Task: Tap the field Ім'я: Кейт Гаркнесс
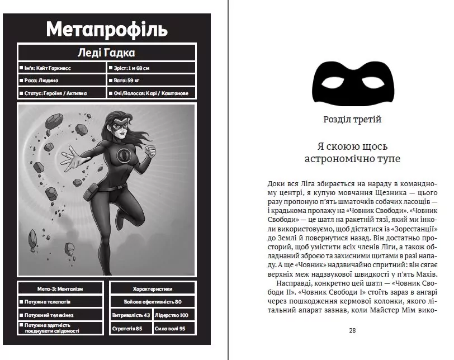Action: point(62,68)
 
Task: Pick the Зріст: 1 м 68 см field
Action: point(151,68)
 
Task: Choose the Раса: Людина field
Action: point(62,80)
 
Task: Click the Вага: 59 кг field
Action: point(151,80)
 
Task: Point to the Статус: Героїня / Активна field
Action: point(62,93)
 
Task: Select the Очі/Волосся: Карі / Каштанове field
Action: point(151,93)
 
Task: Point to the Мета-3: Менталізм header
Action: point(60,289)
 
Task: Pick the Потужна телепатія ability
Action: point(60,302)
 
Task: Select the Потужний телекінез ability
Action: point(60,315)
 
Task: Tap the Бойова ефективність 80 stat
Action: point(152,302)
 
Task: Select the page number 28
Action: point(352,330)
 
